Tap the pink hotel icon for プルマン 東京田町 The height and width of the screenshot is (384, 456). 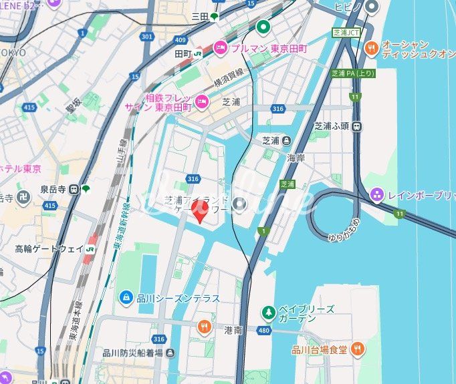tap(220, 48)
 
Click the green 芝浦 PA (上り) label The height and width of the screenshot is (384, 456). tap(353, 73)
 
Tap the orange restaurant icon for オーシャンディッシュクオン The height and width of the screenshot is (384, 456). tap(371, 48)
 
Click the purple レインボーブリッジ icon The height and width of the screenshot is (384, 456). tap(377, 194)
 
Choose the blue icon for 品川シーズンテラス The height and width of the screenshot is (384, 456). tap(125, 297)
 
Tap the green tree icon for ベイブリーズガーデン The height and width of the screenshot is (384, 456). tap(268, 312)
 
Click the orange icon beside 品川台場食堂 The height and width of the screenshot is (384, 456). tap(358, 349)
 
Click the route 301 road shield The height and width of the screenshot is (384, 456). tap(146, 36)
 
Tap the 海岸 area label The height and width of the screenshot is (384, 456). tap(296, 158)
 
